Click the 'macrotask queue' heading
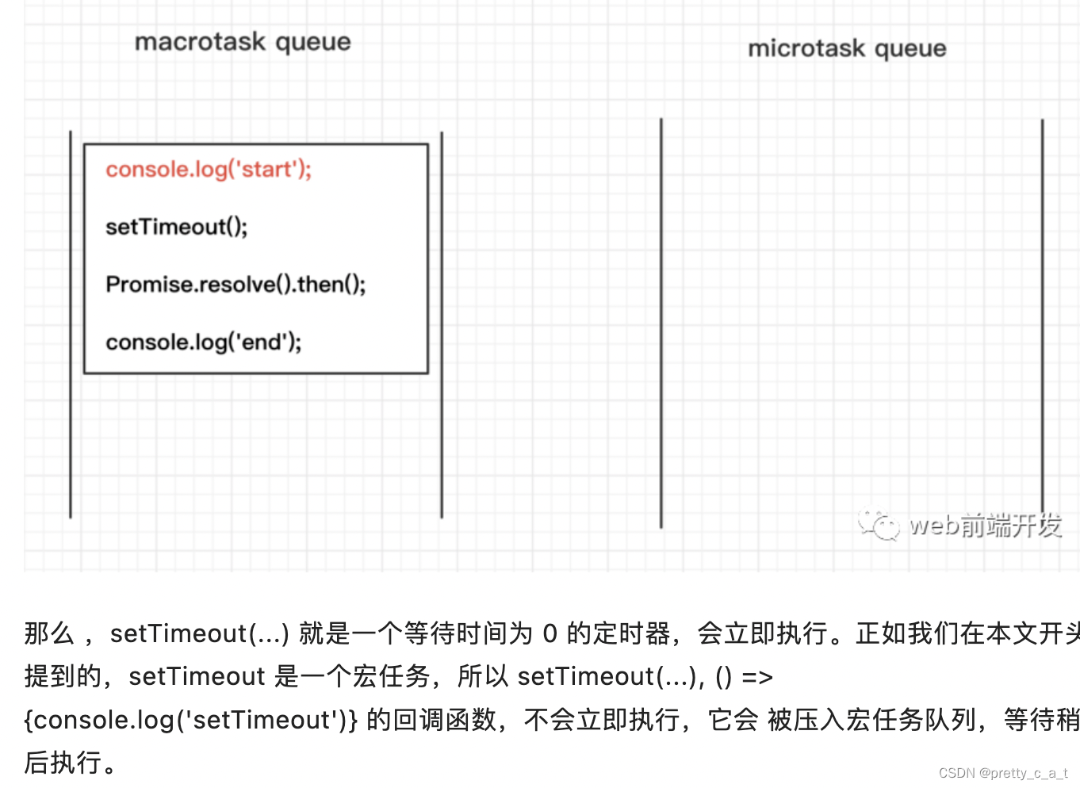pos(243,41)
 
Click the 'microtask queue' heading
pos(847,48)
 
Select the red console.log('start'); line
pos(209,170)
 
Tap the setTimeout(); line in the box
pos(176,228)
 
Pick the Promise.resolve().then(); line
pos(236,285)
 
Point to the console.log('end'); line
pos(203,342)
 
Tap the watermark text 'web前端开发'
pos(985,525)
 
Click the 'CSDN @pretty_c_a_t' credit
pos(1002,773)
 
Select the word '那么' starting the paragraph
pos(49,633)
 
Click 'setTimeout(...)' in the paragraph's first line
pos(199,633)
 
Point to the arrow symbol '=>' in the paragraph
pos(756,677)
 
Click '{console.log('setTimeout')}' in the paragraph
pos(190,720)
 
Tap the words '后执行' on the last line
pos(63,763)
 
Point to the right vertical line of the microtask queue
pos(1042,317)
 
